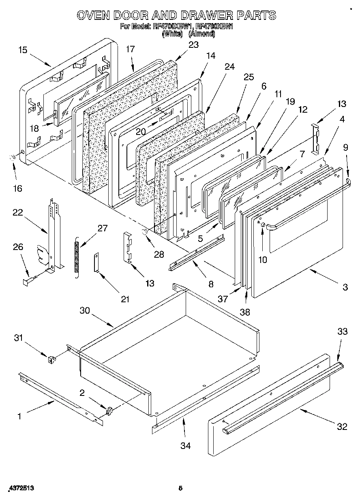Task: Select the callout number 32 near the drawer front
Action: [343, 427]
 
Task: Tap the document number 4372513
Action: [20, 488]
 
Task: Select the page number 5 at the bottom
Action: [181, 488]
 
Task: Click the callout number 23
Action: [194, 45]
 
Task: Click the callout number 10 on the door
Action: [263, 260]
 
